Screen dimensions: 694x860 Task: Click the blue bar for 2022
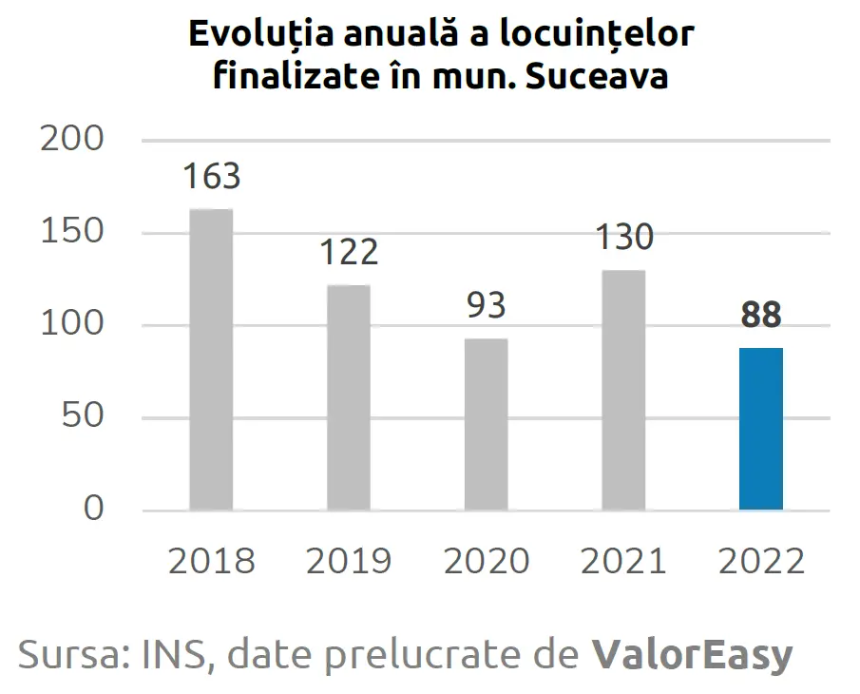click(761, 429)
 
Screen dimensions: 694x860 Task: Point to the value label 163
click(212, 177)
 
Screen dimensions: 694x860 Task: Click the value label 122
click(349, 253)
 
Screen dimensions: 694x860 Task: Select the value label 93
click(486, 306)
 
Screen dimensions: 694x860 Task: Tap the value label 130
click(624, 238)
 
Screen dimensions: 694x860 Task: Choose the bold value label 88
click(761, 316)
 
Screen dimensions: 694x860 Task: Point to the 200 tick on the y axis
click(72, 141)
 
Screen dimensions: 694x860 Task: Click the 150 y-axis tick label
click(72, 233)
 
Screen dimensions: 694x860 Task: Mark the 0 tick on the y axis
click(94, 510)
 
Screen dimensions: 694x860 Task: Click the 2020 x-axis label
click(486, 561)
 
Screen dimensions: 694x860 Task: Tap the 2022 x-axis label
click(761, 561)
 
